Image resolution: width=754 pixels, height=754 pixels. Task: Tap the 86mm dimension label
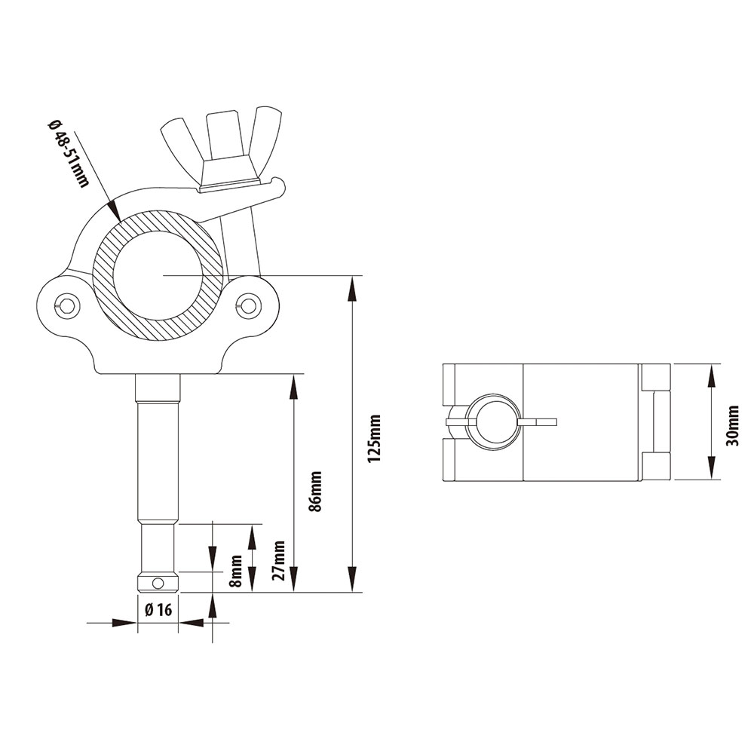coord(316,492)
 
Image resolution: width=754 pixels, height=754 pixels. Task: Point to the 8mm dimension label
coord(237,571)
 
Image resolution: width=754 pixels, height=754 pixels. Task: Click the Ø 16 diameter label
coord(158,610)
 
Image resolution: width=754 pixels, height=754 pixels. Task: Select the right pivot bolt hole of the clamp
coord(246,305)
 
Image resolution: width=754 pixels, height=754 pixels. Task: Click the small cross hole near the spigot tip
coord(157,583)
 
